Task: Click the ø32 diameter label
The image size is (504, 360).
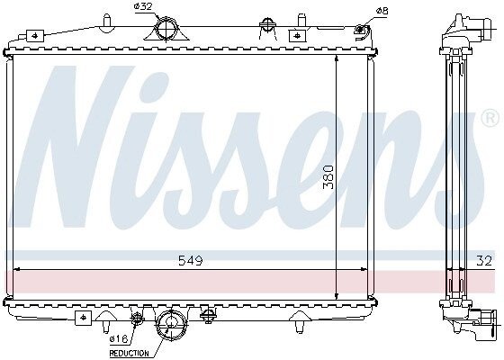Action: coord(142,6)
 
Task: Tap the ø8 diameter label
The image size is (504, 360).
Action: coord(382,11)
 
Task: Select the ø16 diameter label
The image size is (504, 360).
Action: coord(119,338)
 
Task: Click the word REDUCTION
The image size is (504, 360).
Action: coord(130,353)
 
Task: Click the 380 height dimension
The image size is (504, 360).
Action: coord(328,176)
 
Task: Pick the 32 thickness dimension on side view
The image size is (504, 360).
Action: coord(484,260)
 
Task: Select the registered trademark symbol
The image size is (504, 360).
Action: coord(490,118)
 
